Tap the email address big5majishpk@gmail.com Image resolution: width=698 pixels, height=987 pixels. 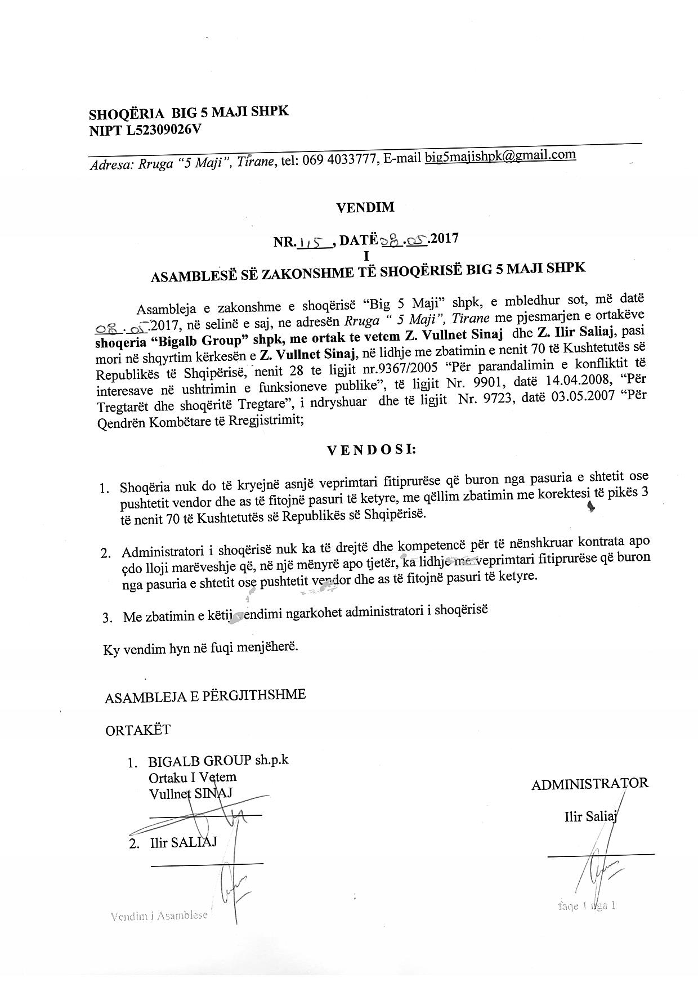pyautogui.click(x=500, y=156)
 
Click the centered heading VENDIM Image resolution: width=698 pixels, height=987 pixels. pyautogui.click(x=365, y=207)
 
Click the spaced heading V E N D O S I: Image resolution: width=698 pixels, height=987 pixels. pyautogui.click(x=372, y=450)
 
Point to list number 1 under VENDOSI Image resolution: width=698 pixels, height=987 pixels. pyautogui.click(x=104, y=488)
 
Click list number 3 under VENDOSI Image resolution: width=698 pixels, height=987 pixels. pyautogui.click(x=107, y=618)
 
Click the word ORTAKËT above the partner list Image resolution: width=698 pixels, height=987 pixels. pyautogui.click(x=138, y=730)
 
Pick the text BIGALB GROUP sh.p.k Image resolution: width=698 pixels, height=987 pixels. pyautogui.click(x=218, y=761)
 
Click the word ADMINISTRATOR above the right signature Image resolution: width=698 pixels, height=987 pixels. pyautogui.click(x=589, y=783)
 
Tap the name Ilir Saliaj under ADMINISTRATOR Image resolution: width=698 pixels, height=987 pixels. pyautogui.click(x=590, y=816)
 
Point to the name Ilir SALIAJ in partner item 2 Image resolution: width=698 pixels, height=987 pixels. pyautogui.click(x=184, y=843)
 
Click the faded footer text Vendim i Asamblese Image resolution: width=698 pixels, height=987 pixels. pyautogui.click(x=159, y=915)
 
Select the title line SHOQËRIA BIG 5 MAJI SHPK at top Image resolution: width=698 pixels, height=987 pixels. pyautogui.click(x=189, y=113)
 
